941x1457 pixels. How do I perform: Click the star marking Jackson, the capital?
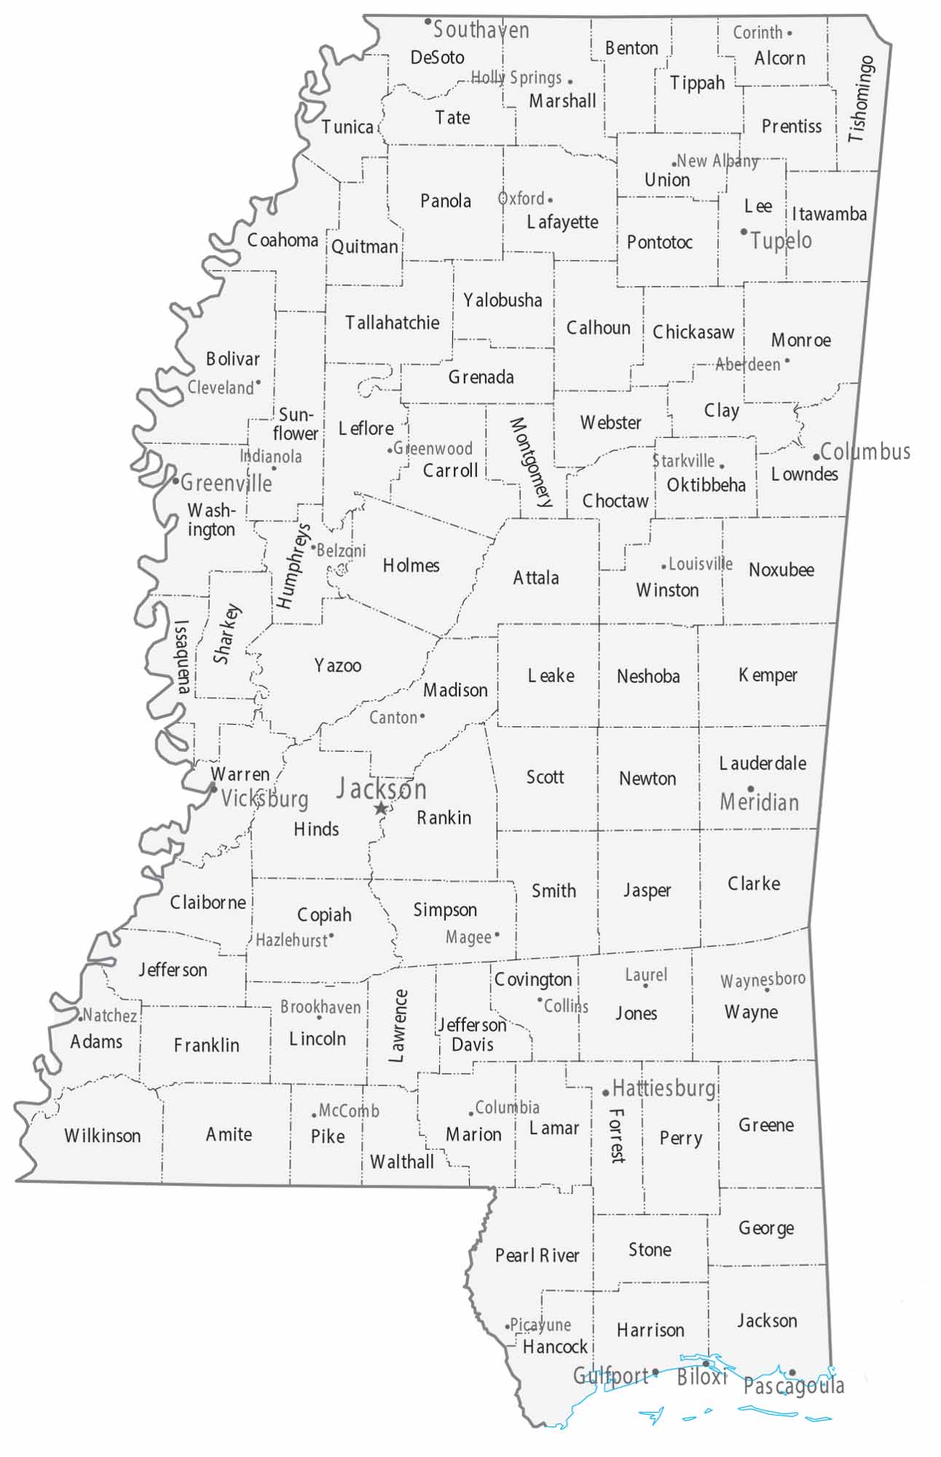[380, 809]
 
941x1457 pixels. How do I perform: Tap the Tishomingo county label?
[862, 99]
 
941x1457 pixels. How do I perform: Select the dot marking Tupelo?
[744, 232]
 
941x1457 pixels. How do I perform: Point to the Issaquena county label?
[182, 656]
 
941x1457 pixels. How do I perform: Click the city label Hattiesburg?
[664, 1089]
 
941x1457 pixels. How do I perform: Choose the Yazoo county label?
[337, 665]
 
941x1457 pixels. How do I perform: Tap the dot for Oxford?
[550, 200]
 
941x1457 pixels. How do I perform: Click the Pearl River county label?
[537, 1255]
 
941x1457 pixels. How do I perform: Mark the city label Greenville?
[226, 482]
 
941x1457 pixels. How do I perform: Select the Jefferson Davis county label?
[472, 1034]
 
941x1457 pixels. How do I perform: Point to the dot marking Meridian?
[750, 788]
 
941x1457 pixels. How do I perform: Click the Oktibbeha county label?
[706, 485]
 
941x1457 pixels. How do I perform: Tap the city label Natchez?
[109, 1016]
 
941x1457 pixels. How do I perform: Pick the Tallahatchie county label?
[392, 323]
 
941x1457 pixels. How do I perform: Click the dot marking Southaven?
[428, 22]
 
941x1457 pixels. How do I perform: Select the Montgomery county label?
[531, 462]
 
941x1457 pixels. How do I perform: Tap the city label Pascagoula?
[793, 1386]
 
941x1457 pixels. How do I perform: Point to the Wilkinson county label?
[102, 1136]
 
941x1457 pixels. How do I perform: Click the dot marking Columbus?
[816, 457]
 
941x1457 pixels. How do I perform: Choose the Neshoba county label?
[648, 676]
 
